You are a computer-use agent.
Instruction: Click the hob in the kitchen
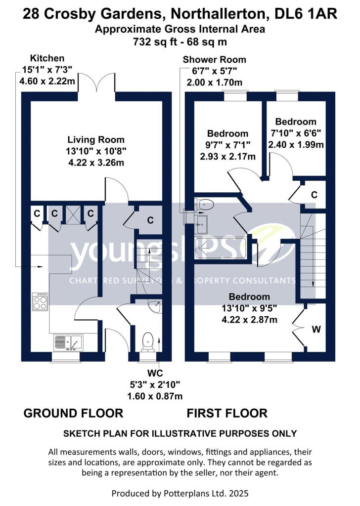point(40,301)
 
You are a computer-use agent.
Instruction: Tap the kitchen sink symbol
point(69,341)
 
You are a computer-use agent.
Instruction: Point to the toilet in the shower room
point(205,203)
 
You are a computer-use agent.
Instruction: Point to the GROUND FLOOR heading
point(73,413)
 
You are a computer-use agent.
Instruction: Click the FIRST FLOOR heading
point(227,413)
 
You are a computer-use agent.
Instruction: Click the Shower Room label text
point(214,59)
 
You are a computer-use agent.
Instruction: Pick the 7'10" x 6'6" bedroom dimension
point(296,133)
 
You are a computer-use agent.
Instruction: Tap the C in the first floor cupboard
point(314,195)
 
